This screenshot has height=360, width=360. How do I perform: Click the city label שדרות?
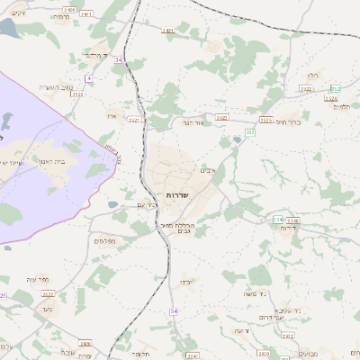click(x=176, y=195)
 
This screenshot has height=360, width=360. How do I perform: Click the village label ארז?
click(x=112, y=116)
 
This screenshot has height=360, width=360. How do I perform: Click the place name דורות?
click(x=289, y=227)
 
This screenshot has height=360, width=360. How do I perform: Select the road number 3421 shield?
click(x=167, y=31)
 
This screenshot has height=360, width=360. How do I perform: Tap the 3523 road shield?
click(x=77, y=93)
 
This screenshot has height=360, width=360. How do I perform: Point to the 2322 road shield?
click(x=221, y=117)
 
